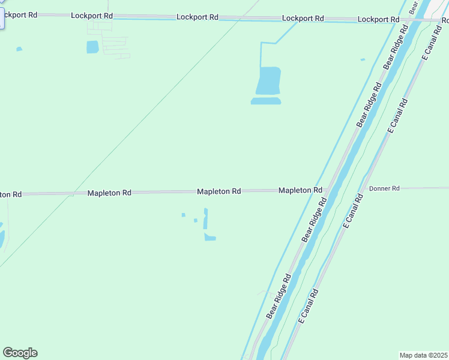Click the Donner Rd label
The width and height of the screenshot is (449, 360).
[x=384, y=188]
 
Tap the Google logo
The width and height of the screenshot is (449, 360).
[x=20, y=353]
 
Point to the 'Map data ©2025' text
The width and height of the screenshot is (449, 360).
[x=424, y=355]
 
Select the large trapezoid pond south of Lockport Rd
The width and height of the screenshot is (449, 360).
[x=268, y=80]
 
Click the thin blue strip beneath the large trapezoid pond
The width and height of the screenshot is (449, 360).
[x=265, y=101]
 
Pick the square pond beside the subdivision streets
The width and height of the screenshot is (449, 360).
[x=92, y=47]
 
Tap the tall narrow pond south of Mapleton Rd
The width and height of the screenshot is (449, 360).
[x=205, y=218]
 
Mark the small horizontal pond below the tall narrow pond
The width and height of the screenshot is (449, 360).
[x=209, y=238]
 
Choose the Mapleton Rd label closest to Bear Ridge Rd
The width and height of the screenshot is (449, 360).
[x=300, y=190]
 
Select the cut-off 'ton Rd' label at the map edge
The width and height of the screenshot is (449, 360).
[x=11, y=194]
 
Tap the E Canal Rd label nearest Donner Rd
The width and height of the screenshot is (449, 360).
[x=353, y=210]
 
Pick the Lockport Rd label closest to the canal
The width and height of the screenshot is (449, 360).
[x=378, y=20]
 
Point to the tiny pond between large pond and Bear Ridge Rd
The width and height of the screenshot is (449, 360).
[x=363, y=59]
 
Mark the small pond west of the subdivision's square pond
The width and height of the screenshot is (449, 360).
[x=19, y=49]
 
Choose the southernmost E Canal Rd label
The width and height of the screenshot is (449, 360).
[x=308, y=306]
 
